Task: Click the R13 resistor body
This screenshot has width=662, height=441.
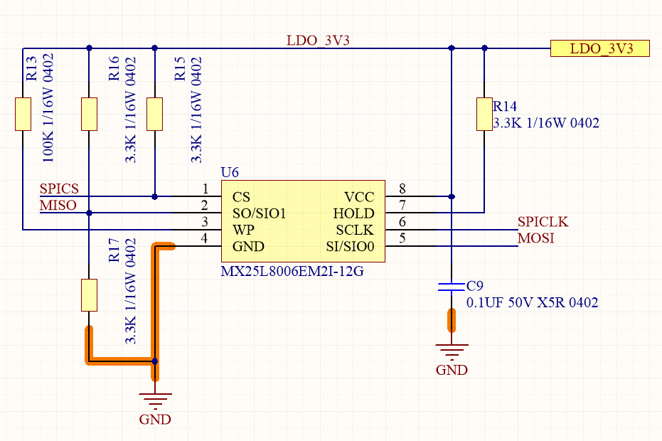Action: point(23,114)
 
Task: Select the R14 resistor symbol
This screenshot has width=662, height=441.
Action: point(484,114)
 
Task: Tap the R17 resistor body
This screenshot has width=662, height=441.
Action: point(89,295)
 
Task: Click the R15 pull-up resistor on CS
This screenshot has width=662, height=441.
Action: point(154,114)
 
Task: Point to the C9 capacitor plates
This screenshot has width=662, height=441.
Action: point(452,287)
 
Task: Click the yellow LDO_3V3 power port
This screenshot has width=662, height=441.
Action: point(600,48)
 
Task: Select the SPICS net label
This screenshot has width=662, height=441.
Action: point(59,188)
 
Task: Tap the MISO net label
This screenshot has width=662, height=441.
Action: point(58,206)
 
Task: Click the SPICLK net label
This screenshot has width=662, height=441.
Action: point(543,221)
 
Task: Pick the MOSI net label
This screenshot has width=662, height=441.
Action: point(535,238)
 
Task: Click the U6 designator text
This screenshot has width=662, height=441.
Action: point(230,172)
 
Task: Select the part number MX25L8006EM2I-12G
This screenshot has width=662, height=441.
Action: point(292,271)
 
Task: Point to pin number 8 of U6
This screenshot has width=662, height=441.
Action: point(402,188)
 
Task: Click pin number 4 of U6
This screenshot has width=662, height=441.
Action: point(204,238)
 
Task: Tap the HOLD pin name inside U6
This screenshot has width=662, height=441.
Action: point(353,213)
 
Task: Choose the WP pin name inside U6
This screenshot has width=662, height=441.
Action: point(244,230)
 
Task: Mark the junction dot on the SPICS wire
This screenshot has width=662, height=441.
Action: point(154,196)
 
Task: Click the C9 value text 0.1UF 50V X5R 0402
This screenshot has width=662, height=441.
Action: point(532,302)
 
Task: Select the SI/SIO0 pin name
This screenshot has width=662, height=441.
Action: point(350,246)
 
